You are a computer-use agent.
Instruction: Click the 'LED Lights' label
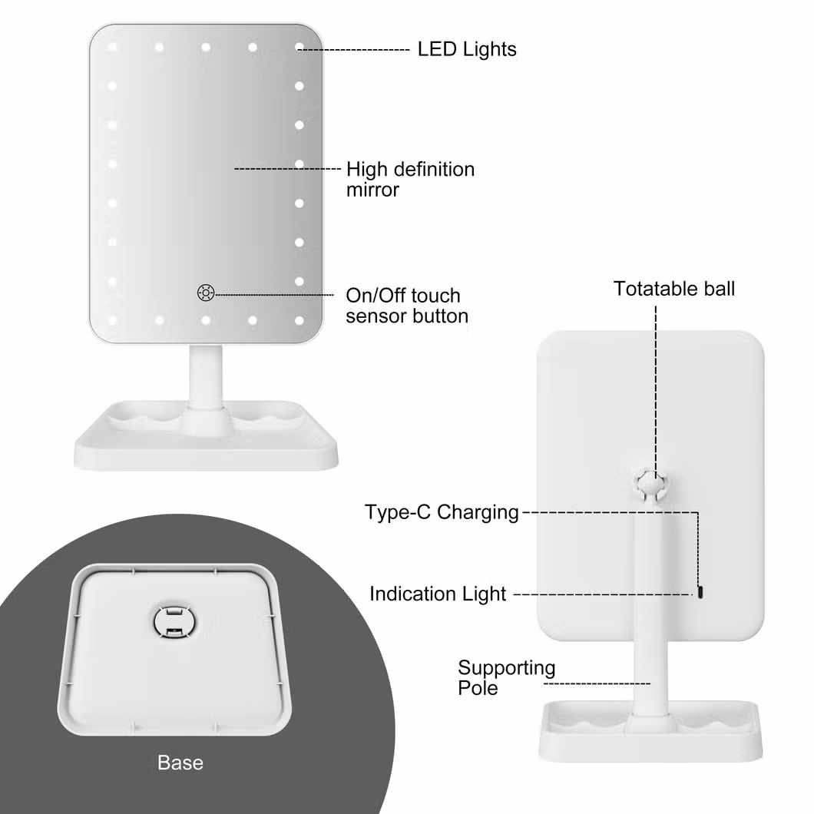[x=467, y=49]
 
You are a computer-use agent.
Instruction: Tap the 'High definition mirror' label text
[x=410, y=179]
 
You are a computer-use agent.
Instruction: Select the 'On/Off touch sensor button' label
[x=406, y=306]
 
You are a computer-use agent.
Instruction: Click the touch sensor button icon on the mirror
[x=205, y=292]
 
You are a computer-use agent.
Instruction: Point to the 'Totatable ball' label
[x=673, y=289]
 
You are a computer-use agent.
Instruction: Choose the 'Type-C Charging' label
[x=442, y=512]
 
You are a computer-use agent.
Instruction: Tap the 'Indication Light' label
[x=438, y=594]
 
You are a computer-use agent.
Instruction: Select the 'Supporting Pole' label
[x=505, y=677]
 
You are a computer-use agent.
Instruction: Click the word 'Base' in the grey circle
[x=180, y=763]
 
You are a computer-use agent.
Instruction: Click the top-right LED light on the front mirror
[x=299, y=48]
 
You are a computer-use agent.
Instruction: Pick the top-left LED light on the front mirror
[x=112, y=48]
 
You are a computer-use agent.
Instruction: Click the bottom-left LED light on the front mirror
[x=112, y=319]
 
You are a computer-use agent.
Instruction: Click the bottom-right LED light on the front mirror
[x=299, y=319]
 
